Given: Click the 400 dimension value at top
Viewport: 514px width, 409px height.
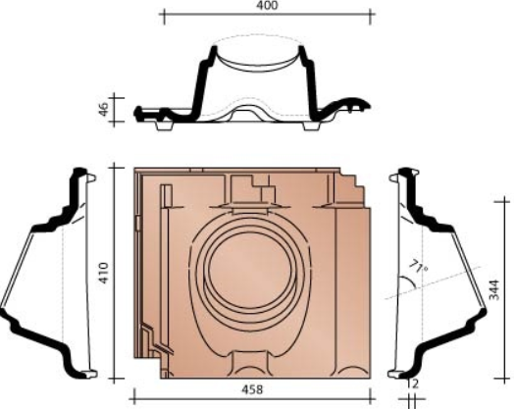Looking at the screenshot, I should click(267, 6).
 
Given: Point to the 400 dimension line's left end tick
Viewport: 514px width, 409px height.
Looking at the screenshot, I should click(161, 18).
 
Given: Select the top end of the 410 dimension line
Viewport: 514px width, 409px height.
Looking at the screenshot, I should click(117, 166).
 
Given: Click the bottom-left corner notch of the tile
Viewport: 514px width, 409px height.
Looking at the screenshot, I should click(149, 371).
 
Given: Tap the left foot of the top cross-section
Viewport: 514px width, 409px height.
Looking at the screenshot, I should click(162, 122).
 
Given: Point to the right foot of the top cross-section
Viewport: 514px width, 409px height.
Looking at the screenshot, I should click(320, 122).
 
